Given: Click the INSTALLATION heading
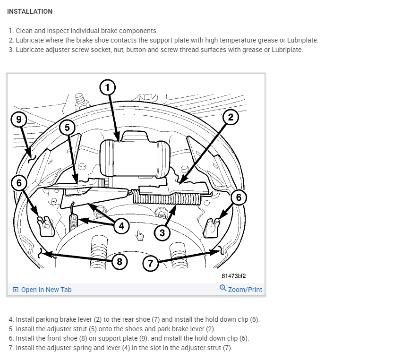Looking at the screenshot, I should [30, 11].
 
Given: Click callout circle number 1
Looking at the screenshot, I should [108, 87].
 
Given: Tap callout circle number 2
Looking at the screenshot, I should [231, 117].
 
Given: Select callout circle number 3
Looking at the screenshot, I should [163, 232].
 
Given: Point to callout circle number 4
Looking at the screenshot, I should [121, 225].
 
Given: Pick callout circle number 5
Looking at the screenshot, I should [67, 127].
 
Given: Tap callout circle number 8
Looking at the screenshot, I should [120, 261].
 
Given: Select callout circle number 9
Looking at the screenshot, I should [19, 119].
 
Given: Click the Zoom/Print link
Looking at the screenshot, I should [245, 290].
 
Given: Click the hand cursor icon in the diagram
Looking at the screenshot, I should [139, 235].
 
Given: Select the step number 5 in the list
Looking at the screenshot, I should [11, 329].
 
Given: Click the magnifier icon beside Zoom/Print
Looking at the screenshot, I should [223, 288].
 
